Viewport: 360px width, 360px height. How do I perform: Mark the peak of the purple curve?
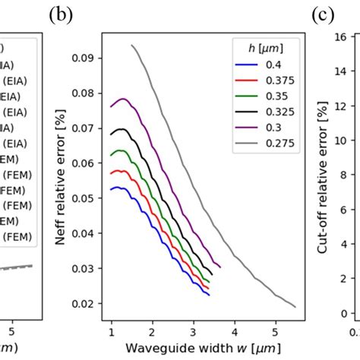click(122, 99)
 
